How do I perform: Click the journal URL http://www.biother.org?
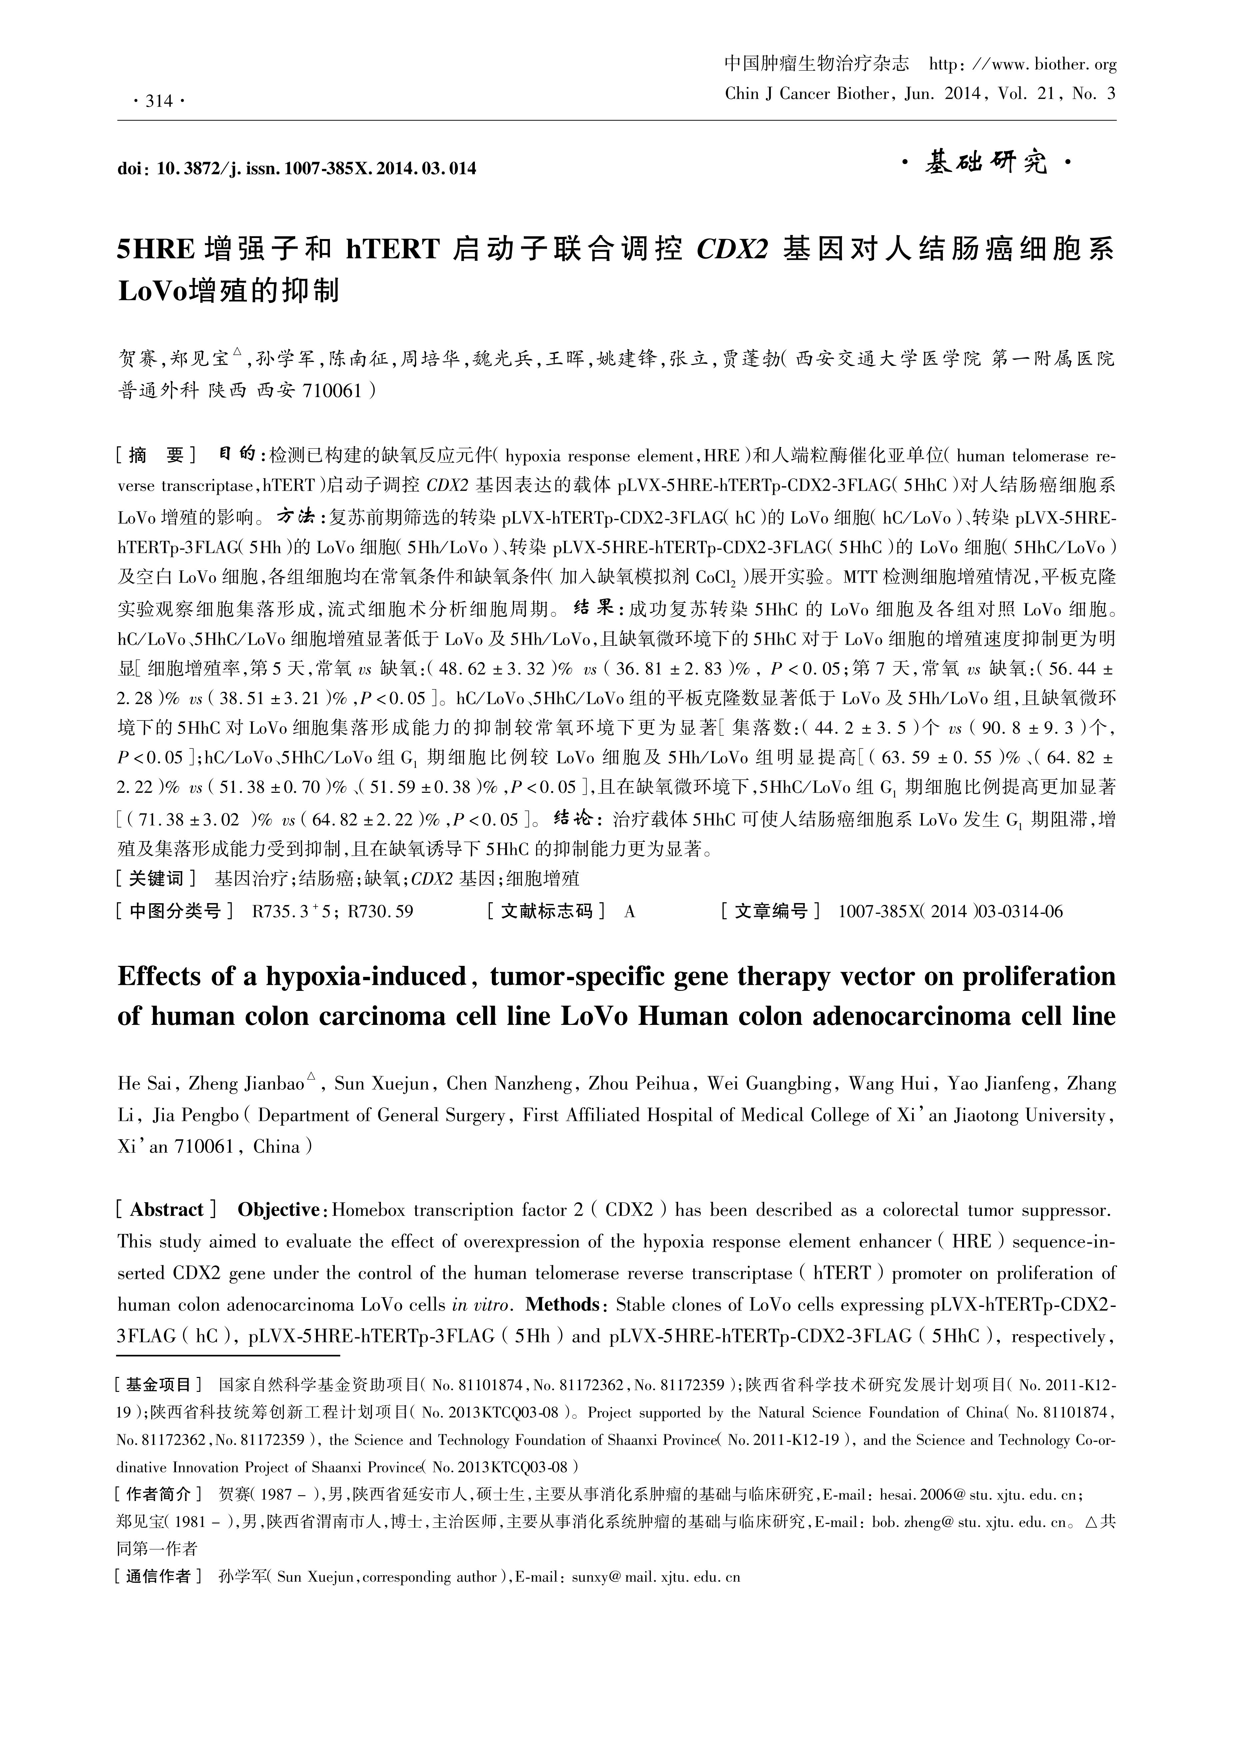1023,65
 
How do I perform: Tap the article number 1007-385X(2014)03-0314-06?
950,911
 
